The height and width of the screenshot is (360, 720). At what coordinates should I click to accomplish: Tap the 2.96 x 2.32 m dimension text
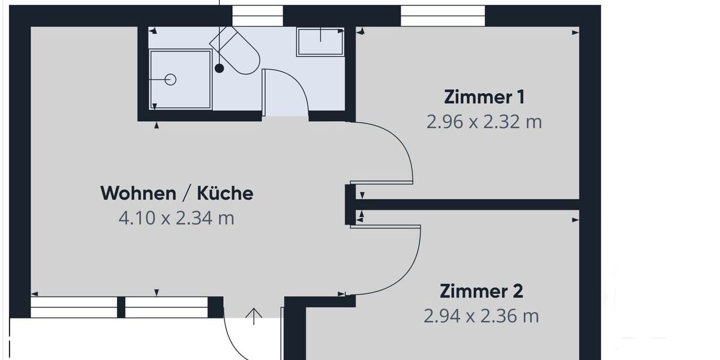484,122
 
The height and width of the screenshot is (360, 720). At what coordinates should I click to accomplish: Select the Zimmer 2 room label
481,292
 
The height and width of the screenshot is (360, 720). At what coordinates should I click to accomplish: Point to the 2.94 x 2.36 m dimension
481,316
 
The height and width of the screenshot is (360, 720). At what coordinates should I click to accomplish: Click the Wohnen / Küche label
176,193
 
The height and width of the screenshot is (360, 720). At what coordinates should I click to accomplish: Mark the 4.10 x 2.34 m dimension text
176,218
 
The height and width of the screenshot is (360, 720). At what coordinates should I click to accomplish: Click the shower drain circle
170,79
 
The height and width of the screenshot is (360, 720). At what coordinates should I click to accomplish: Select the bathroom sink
320,41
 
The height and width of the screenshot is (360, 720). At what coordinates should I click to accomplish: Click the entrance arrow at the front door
254,316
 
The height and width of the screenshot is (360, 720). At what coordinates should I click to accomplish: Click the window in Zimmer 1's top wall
443,16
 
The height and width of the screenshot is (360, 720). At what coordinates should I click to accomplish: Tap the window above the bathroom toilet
257,16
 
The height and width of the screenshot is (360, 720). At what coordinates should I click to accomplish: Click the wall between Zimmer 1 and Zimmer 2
468,205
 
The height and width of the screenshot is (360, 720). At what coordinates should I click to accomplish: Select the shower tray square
180,80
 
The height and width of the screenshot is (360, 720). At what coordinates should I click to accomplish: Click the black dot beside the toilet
220,68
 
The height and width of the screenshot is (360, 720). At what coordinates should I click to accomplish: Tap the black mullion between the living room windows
121,307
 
